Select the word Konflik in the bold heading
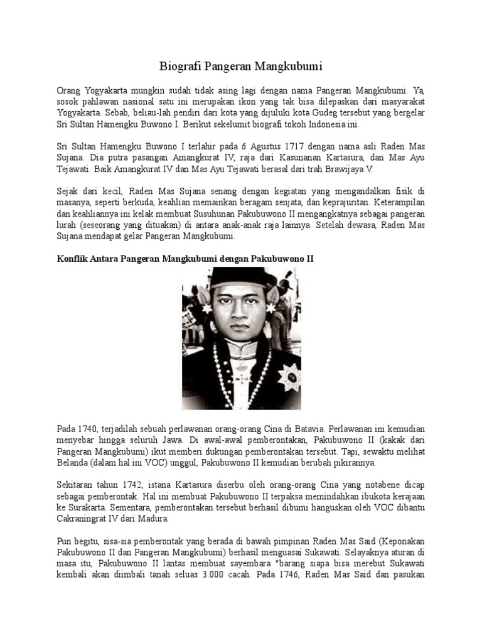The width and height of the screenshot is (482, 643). [x=74, y=259]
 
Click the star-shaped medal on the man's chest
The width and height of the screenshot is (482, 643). [x=289, y=376]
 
